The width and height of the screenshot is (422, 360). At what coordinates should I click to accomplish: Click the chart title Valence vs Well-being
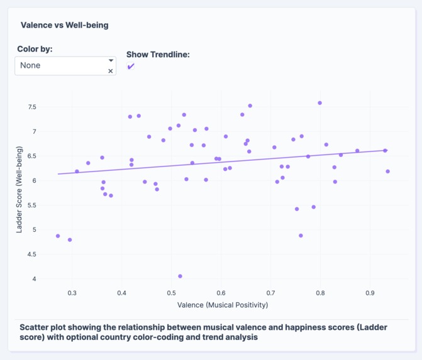[64, 25]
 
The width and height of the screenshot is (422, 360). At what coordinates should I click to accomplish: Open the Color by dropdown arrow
[111, 61]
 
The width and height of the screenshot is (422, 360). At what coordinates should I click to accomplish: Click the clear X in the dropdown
[111, 71]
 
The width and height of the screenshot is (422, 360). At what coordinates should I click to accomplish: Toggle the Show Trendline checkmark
[131, 67]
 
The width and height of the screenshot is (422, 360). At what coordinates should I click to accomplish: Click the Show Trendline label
[158, 54]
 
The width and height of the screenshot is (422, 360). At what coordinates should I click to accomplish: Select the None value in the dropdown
[30, 65]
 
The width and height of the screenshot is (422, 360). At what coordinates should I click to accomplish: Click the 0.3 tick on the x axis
[72, 292]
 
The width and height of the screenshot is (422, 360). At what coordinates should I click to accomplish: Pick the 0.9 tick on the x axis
[370, 292]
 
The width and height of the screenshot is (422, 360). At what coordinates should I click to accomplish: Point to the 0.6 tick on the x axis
[221, 292]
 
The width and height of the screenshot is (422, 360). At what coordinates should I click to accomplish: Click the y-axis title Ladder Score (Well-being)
[20, 190]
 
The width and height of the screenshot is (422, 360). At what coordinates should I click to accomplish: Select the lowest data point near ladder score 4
[180, 276]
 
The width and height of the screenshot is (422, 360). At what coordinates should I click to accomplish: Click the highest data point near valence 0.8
[320, 103]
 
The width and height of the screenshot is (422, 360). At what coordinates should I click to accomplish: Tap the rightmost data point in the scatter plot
[388, 172]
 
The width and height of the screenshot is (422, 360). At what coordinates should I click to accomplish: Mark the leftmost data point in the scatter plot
[58, 236]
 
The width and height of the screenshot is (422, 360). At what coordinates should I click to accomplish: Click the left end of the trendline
[58, 174]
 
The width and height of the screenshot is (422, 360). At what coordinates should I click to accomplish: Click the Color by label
[35, 49]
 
